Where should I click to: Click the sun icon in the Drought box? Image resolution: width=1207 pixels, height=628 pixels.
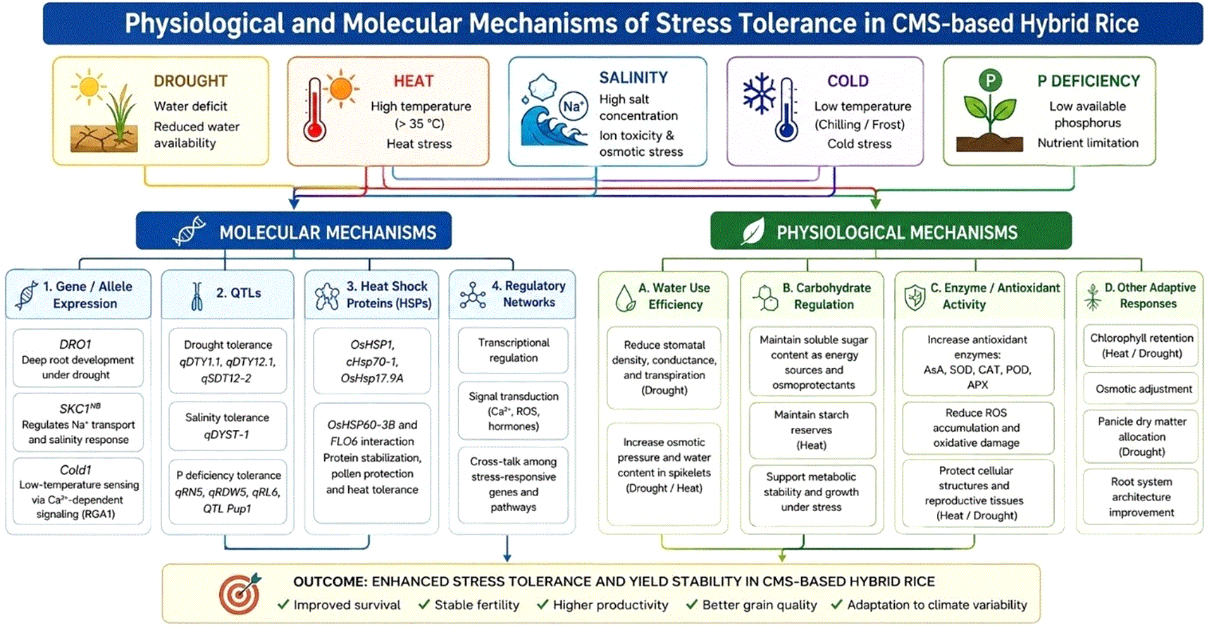(88, 86)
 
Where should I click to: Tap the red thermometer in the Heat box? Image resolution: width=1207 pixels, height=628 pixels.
(314, 110)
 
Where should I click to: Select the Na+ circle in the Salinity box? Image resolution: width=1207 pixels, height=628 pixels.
(573, 106)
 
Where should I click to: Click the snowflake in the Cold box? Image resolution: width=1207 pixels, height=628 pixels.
(760, 94)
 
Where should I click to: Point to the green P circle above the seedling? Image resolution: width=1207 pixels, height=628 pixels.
(990, 81)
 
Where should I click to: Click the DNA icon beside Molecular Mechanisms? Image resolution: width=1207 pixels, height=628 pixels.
(189, 231)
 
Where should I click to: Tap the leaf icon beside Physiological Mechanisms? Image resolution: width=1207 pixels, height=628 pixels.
(753, 232)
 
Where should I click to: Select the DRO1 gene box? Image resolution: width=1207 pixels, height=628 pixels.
(78, 358)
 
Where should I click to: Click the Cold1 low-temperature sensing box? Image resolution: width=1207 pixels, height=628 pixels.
(78, 491)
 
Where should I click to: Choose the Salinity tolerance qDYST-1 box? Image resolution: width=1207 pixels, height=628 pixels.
(228, 425)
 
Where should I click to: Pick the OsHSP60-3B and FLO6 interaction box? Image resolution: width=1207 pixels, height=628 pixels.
(372, 462)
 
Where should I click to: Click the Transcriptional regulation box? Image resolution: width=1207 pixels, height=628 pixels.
(513, 350)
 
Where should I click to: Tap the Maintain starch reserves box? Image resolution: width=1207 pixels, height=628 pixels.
(812, 430)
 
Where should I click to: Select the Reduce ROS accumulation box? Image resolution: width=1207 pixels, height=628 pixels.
(977, 428)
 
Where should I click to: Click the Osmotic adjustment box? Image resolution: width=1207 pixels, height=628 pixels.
(1141, 388)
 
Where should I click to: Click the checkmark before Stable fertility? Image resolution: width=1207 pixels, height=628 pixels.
(424, 604)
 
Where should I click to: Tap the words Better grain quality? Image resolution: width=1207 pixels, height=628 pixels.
(760, 605)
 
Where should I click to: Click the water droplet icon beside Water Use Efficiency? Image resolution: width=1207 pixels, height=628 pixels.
(625, 298)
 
